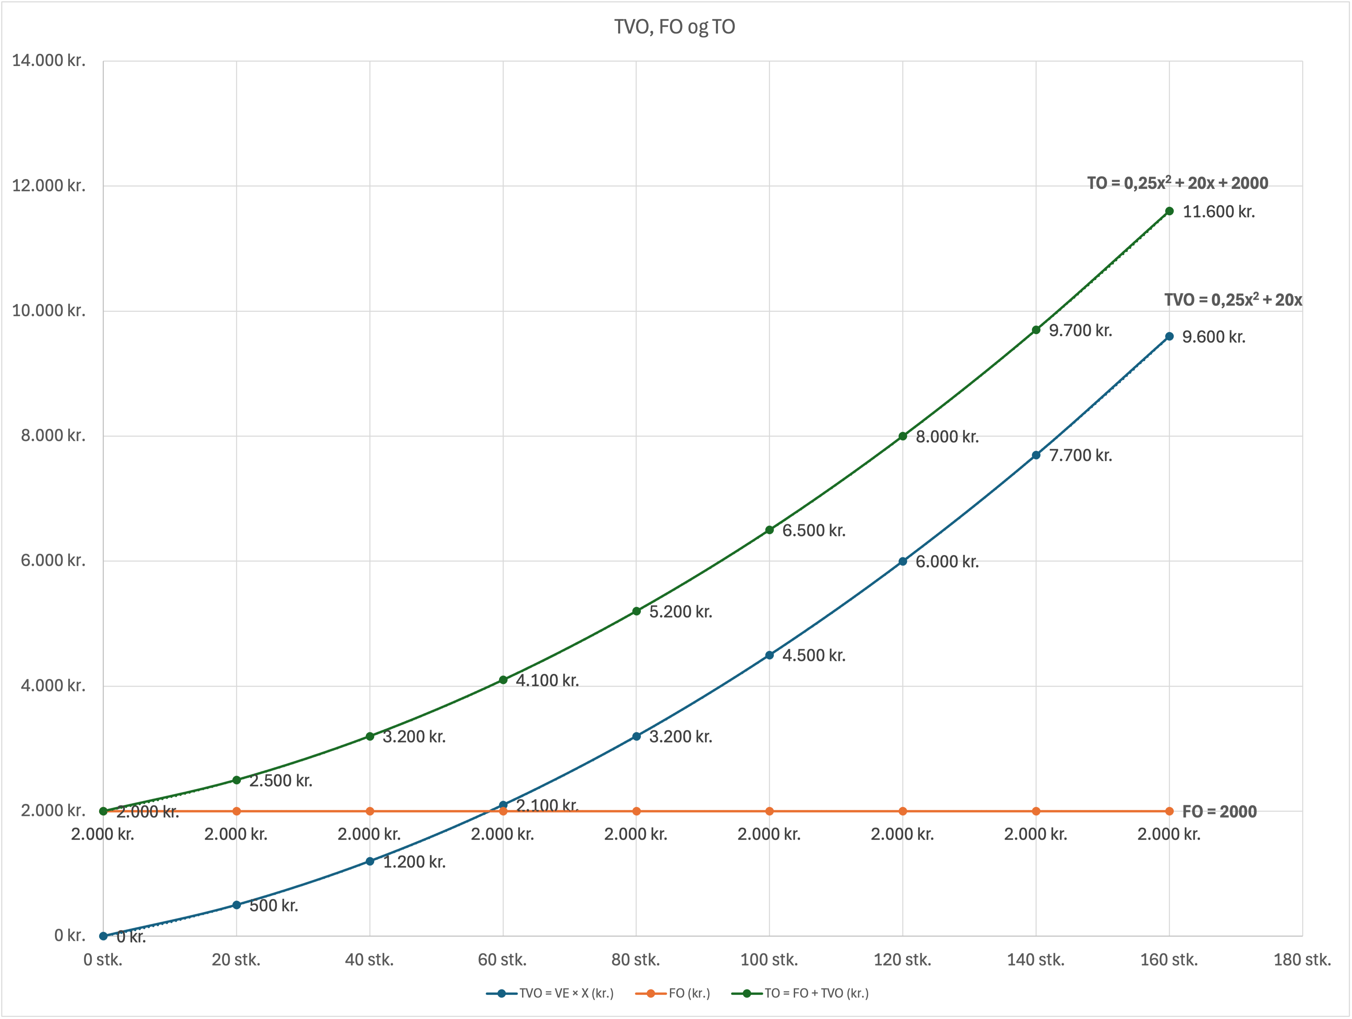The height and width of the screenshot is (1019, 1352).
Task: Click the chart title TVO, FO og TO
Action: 674,27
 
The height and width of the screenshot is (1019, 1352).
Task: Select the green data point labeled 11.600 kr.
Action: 1169,212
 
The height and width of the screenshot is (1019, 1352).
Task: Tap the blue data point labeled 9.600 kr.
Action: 1169,336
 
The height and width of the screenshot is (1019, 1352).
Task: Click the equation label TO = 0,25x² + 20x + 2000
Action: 1177,183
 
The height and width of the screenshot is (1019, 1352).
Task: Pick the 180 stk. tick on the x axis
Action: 1302,960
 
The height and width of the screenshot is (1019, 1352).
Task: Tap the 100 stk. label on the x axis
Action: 769,960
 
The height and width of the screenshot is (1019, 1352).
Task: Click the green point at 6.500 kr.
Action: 769,530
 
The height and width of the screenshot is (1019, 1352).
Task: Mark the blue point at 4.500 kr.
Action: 769,655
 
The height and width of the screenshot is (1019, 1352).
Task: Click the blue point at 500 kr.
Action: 236,905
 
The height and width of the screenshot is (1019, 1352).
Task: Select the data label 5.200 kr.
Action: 681,612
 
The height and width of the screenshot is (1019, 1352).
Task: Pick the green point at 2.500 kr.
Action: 236,780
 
